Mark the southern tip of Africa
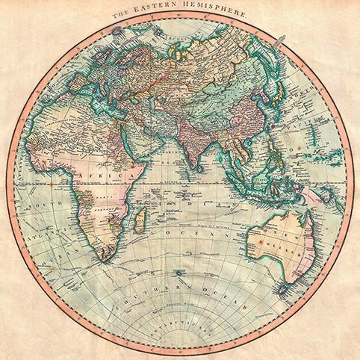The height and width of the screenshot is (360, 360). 105,258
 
